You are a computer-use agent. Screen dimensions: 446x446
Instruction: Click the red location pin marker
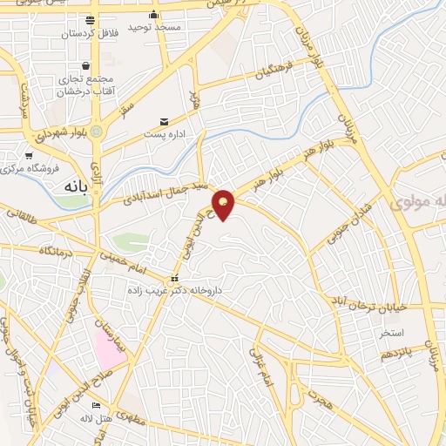tap(224, 204)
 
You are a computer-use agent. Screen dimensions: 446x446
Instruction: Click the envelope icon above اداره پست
tap(164, 122)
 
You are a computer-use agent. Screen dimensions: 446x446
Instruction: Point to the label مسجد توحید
tap(154, 28)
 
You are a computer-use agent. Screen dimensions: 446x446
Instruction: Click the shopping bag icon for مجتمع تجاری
tap(85, 65)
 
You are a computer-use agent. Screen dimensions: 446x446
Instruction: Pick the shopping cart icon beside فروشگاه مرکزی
tap(29, 155)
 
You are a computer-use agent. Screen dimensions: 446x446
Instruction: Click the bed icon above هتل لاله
tap(97, 406)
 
